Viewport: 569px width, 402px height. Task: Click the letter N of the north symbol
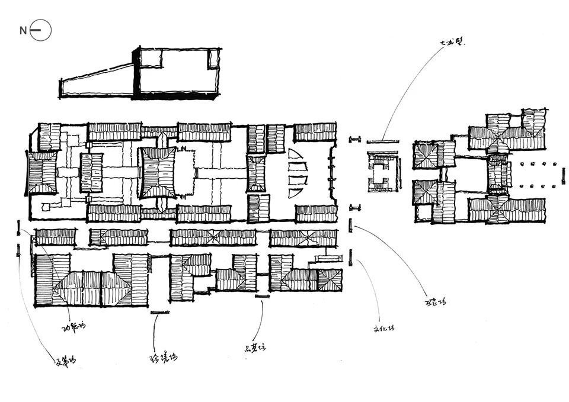pyautogui.click(x=23, y=31)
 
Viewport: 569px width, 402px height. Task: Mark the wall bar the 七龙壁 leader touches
pyautogui.click(x=382, y=141)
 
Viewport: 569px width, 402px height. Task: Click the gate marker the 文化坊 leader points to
pyautogui.click(x=351, y=257)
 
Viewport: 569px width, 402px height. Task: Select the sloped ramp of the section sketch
pyautogui.click(x=98, y=82)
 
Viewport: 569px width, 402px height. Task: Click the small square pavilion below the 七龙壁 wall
pyautogui.click(x=382, y=172)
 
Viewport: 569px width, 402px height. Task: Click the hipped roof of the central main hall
pyautogui.click(x=158, y=173)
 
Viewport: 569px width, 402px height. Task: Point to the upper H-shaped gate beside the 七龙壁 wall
pyautogui.click(x=355, y=139)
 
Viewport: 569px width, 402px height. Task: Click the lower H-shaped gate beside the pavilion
pyautogui.click(x=355, y=207)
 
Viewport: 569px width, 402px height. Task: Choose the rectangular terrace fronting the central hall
pyautogui.click(x=186, y=173)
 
